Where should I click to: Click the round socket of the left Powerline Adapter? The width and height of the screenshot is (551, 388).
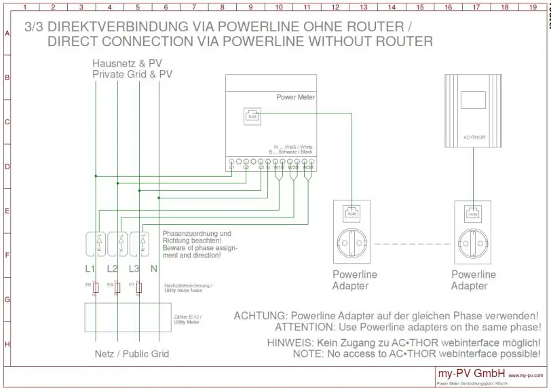(351, 243)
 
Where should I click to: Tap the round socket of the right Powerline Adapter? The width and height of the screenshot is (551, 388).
(472, 243)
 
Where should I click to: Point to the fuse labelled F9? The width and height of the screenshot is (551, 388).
(96, 287)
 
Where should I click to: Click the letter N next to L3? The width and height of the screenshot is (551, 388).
(154, 268)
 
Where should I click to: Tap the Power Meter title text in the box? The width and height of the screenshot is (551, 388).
(296, 97)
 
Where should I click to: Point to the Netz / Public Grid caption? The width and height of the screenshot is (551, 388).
(131, 354)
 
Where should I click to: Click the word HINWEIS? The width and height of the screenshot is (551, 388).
(291, 342)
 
